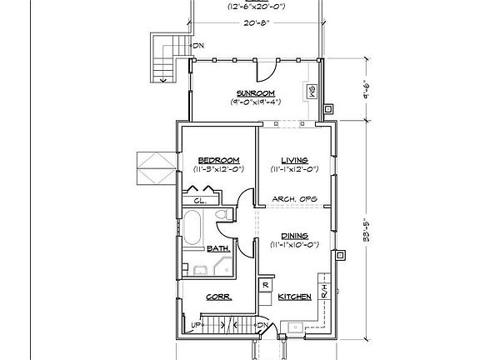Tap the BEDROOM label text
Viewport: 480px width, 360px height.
[219, 160]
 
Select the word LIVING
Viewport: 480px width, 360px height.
[295, 160]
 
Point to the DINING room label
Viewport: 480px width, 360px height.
[295, 235]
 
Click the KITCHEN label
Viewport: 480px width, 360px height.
[295, 297]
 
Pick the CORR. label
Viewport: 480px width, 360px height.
[218, 297]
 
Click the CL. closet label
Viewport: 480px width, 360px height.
[200, 201]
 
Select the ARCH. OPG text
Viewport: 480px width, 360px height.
[295, 199]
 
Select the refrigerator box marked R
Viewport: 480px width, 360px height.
[264, 284]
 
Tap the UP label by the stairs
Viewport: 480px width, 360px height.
[197, 324]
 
